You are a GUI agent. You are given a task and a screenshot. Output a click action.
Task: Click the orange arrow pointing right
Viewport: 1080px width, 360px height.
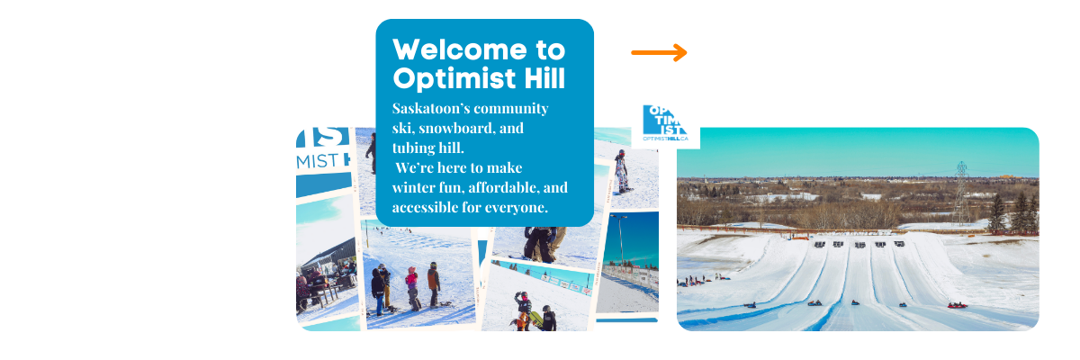tap(659, 53)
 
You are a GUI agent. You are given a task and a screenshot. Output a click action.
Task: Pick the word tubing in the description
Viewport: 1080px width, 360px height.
tap(415, 148)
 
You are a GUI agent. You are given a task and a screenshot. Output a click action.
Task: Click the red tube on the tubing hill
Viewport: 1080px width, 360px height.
tap(957, 305)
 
